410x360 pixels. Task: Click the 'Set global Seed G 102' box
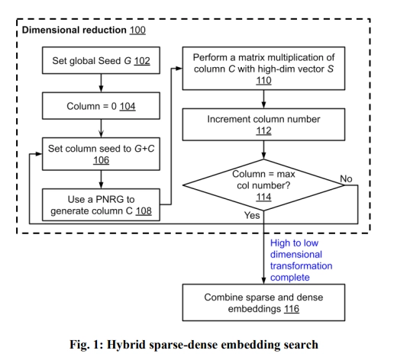102,61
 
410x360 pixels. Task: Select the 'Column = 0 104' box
102,105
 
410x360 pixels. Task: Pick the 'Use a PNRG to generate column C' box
102,204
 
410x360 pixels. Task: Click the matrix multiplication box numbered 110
263,69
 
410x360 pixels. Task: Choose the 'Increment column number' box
263,125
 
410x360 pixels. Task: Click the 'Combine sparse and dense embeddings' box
263,303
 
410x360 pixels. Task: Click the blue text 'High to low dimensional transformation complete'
301,260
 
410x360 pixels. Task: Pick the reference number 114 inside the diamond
263,196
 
